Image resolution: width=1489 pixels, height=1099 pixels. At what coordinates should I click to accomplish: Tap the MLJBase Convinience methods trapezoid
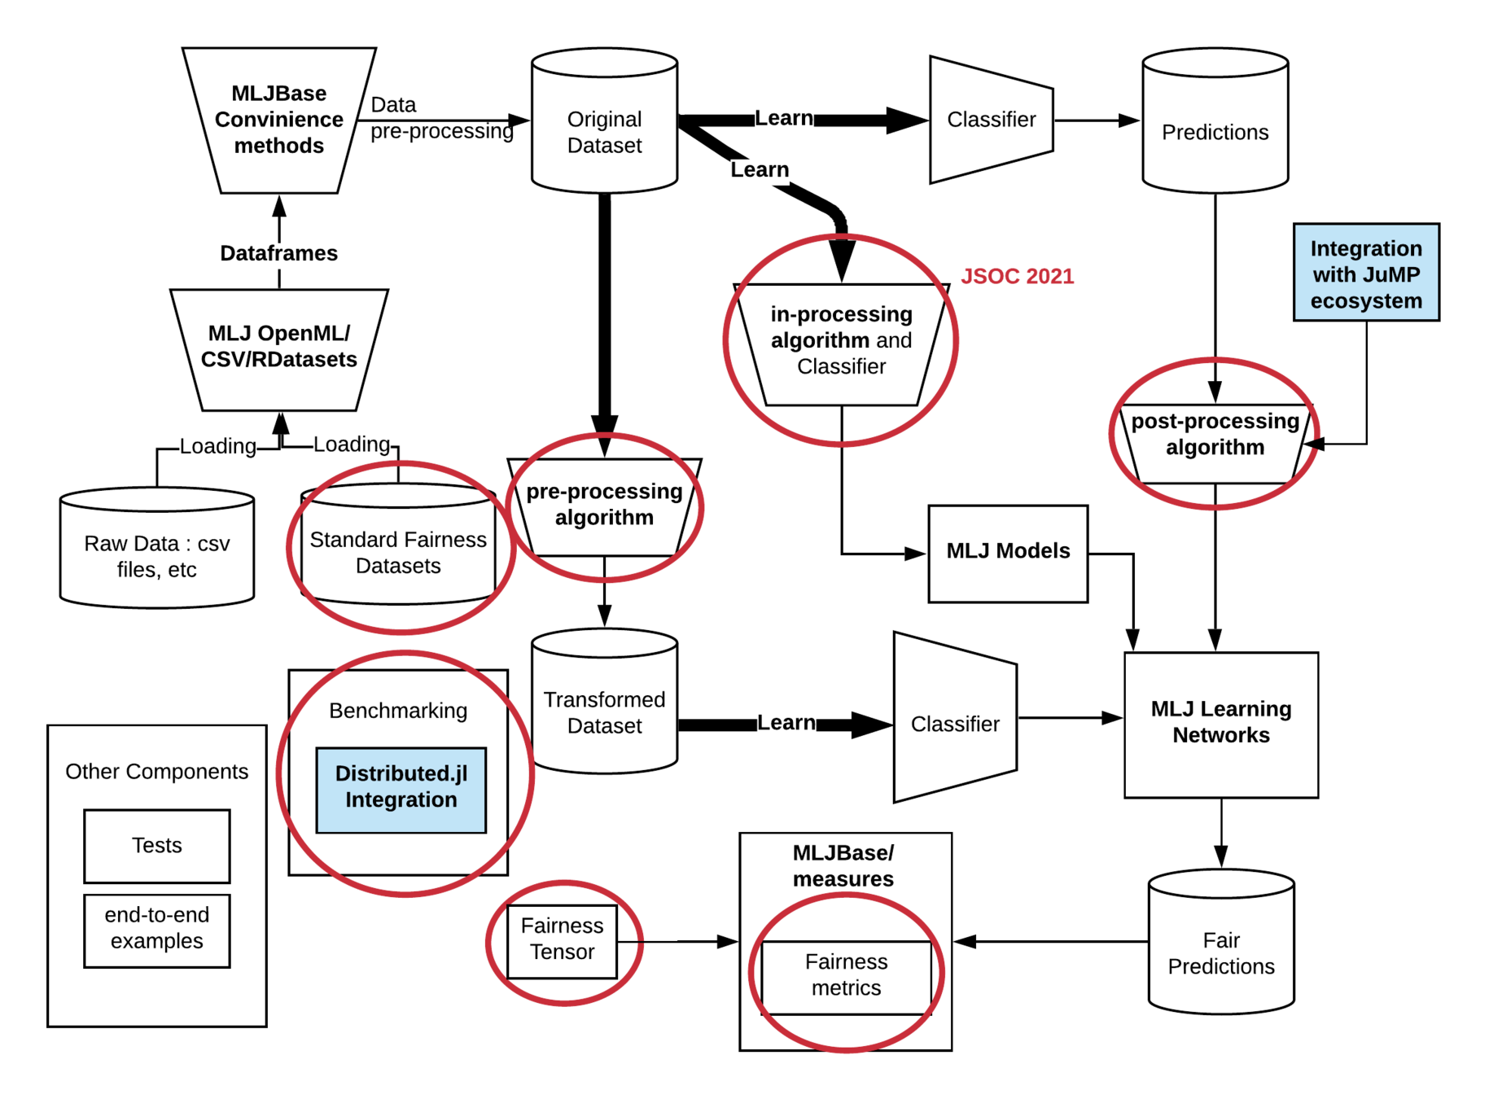(x=279, y=120)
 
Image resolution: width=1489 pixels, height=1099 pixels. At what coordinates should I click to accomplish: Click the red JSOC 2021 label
(x=1017, y=276)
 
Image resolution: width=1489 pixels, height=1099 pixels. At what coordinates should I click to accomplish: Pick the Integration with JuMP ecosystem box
(x=1366, y=273)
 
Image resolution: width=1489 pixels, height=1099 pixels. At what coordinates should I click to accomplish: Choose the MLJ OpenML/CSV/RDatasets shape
(x=279, y=348)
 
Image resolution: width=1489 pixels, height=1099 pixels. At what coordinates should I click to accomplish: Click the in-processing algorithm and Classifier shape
(x=841, y=343)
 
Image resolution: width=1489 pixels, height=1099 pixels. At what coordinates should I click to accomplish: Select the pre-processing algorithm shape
(x=604, y=507)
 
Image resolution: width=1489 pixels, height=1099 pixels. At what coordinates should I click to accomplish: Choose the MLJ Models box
(x=1008, y=553)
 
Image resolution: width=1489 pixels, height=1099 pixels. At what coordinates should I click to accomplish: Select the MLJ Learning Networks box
(x=1221, y=724)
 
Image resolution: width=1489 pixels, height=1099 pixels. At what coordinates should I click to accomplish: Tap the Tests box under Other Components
(x=157, y=846)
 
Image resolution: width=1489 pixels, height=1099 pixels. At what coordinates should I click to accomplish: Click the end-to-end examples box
(x=157, y=930)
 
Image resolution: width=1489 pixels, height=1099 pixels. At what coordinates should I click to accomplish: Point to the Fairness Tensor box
(x=562, y=941)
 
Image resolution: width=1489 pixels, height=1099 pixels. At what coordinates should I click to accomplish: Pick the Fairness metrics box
(x=846, y=977)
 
